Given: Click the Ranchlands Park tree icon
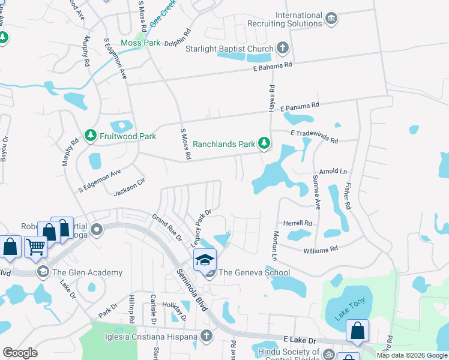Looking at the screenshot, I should pyautogui.click(x=264, y=143).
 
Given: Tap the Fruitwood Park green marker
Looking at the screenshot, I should pyautogui.click(x=91, y=136).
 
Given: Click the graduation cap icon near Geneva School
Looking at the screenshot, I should pyautogui.click(x=204, y=259).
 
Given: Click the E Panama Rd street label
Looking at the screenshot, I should pyautogui.click(x=299, y=104).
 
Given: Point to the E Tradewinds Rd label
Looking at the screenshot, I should pyautogui.click(x=314, y=136).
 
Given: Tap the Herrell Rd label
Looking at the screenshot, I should pyautogui.click(x=298, y=223).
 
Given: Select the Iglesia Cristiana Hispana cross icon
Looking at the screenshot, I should pyautogui.click(x=206, y=334).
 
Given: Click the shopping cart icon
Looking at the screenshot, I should pyautogui.click(x=36, y=245).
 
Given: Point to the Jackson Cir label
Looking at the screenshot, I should pyautogui.click(x=130, y=187).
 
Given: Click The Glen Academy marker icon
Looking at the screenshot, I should pyautogui.click(x=43, y=272).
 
